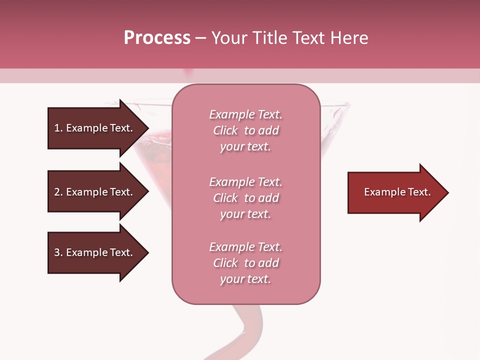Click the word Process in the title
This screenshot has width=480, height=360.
pos(157,38)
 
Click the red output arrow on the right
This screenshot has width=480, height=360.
pos(395,192)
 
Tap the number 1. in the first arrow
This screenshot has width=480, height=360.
pos(58,128)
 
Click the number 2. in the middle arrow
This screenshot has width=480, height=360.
pos(58,192)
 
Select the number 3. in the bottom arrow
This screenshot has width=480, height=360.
pos(58,252)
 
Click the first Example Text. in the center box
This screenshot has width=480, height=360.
pos(245,114)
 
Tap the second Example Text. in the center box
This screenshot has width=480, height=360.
pos(245,182)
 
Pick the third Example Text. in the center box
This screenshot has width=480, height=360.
pos(245,247)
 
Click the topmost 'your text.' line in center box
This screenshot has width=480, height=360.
pos(245,147)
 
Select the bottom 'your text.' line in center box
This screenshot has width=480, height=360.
pos(245,279)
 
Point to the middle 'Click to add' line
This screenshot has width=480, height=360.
pos(245,198)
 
